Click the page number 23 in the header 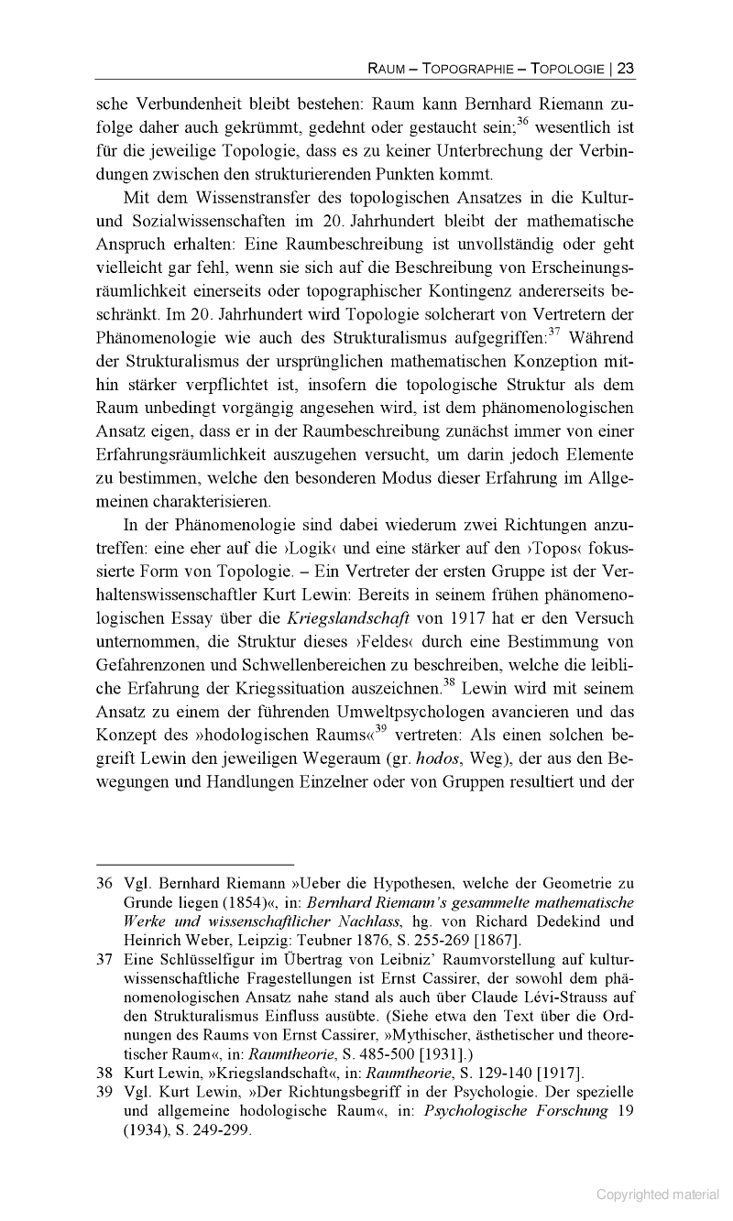626,68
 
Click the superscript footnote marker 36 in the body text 522,120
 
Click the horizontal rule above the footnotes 195,863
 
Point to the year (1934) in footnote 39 149,1130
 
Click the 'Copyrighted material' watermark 658,1194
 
